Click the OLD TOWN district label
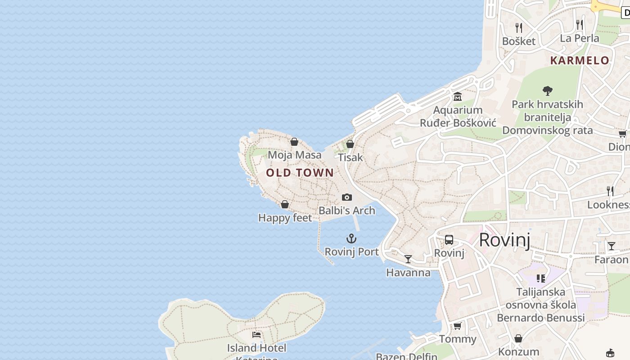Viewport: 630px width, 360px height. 300,173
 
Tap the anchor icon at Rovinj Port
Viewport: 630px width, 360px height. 351,238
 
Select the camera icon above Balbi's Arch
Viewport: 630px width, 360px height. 346,197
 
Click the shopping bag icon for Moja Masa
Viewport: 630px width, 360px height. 294,142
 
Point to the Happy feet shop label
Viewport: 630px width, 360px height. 285,218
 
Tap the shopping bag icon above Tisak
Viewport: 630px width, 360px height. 350,144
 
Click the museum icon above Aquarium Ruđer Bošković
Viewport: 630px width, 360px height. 458,96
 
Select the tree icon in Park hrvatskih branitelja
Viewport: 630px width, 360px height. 547,91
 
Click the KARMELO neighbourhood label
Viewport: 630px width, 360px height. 580,60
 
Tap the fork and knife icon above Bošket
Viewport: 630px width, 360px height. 519,27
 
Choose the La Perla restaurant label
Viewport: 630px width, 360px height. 579,38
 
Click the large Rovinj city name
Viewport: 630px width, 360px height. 504,240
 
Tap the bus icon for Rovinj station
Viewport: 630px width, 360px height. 449,239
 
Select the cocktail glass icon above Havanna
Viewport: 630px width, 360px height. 408,259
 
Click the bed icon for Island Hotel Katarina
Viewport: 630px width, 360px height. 256,334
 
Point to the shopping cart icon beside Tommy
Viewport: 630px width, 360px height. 458,326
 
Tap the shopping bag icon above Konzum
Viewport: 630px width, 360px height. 518,338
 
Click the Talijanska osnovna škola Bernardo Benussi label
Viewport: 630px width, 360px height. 540,305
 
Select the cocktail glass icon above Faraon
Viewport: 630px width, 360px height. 611,246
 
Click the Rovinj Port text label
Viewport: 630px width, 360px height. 351,252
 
